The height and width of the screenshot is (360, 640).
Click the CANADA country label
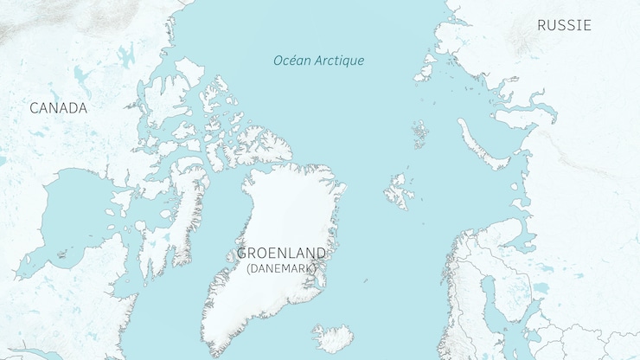(x=58, y=108)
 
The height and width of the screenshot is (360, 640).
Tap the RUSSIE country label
(x=564, y=25)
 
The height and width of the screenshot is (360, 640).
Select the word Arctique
(x=340, y=61)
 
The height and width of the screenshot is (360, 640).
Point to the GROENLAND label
(x=282, y=254)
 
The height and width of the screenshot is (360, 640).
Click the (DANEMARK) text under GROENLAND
(x=282, y=269)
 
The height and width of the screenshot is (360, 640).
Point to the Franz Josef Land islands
(x=420, y=133)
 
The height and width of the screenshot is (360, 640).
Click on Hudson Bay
(x=74, y=216)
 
